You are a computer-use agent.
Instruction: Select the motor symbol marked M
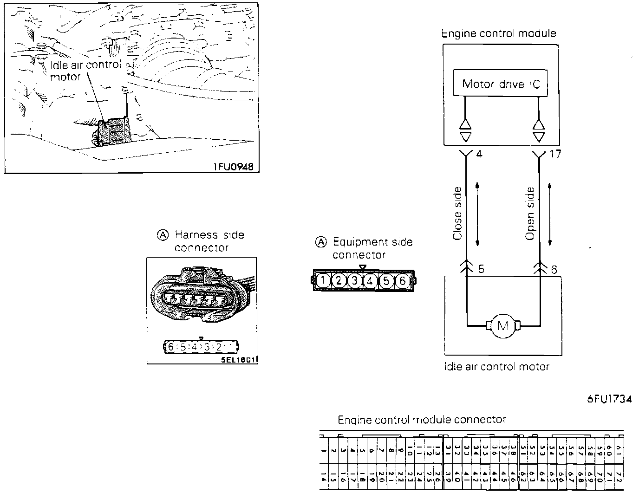[503, 326]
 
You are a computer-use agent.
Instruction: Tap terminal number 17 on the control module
[554, 153]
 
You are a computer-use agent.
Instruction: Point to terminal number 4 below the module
[479, 153]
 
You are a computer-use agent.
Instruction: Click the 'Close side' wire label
[457, 214]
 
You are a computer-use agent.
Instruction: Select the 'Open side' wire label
[530, 214]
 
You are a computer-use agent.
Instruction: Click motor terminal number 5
[481, 269]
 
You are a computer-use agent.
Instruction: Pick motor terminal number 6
[554, 269]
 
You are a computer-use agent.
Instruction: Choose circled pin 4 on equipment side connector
[370, 280]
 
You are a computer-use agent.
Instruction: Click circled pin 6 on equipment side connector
[402, 280]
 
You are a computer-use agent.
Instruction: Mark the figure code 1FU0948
[234, 167]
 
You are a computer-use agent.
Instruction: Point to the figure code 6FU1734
[609, 399]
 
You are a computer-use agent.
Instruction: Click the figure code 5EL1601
[239, 360]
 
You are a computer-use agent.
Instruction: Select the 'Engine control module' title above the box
[498, 33]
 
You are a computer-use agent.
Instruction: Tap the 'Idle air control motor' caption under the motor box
[496, 367]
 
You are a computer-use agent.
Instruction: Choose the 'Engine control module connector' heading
[421, 420]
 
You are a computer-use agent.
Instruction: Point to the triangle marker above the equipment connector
[363, 267]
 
